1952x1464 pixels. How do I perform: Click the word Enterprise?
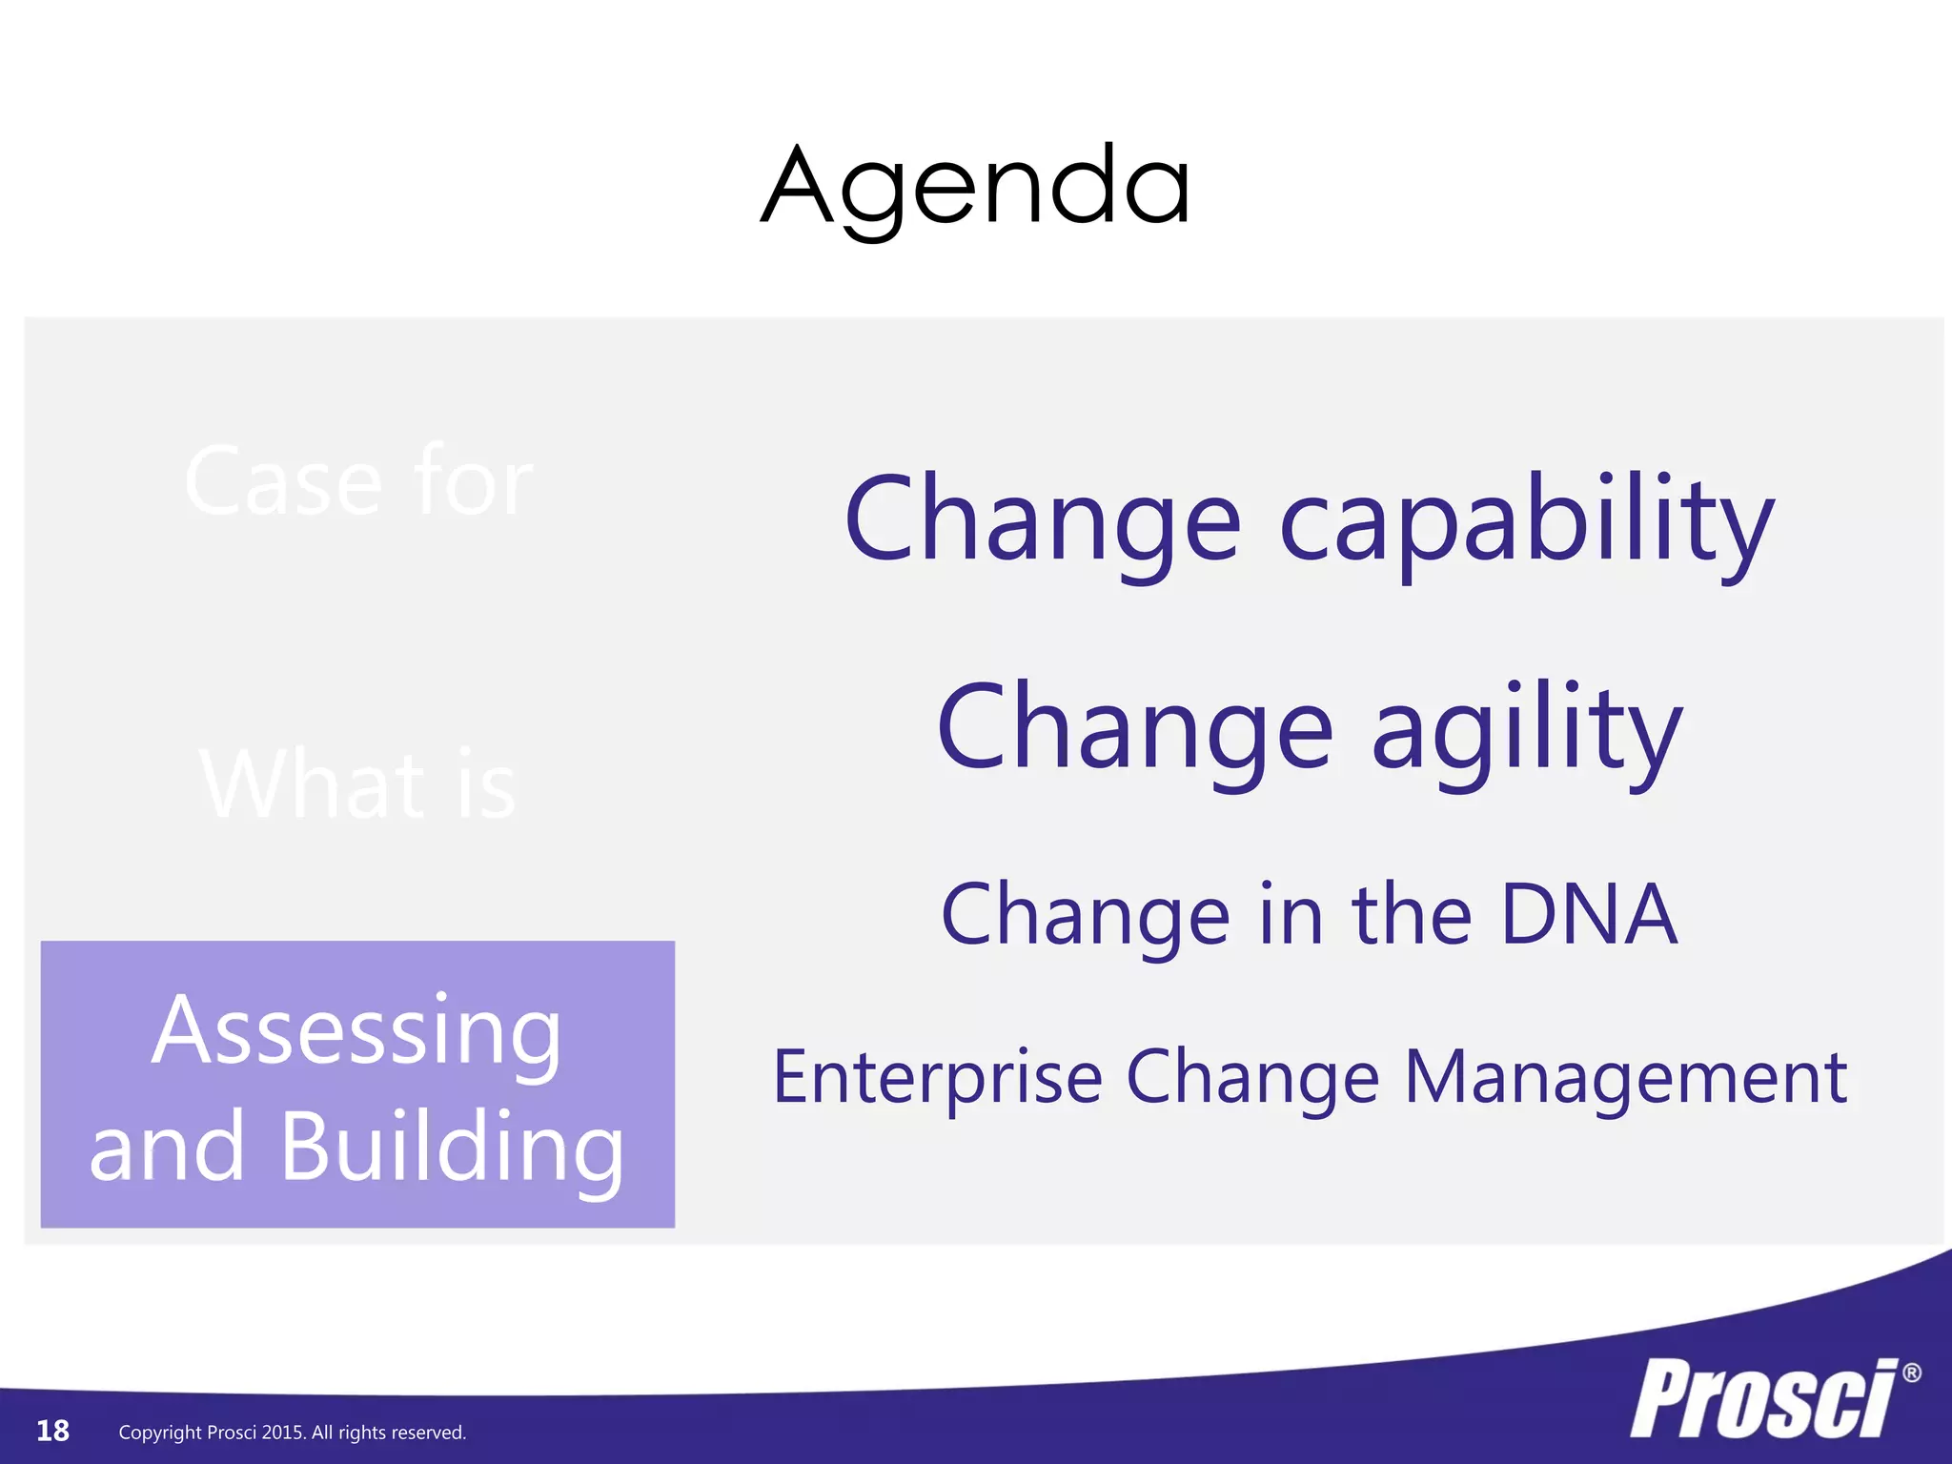click(x=938, y=1077)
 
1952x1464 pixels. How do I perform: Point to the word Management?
click(x=1626, y=1077)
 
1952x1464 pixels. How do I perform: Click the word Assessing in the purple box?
click(x=356, y=1031)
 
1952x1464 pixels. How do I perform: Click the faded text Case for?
click(x=358, y=482)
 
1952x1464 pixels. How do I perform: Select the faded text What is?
click(x=358, y=785)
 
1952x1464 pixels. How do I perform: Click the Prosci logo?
click(x=1763, y=1399)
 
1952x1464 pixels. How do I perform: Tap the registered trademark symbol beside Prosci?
click(x=1911, y=1373)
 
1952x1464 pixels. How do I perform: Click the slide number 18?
click(x=52, y=1431)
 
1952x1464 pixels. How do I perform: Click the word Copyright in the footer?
click(x=160, y=1433)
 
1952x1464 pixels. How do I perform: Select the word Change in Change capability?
click(x=1043, y=522)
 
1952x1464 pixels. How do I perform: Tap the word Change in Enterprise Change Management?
click(x=1252, y=1077)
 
